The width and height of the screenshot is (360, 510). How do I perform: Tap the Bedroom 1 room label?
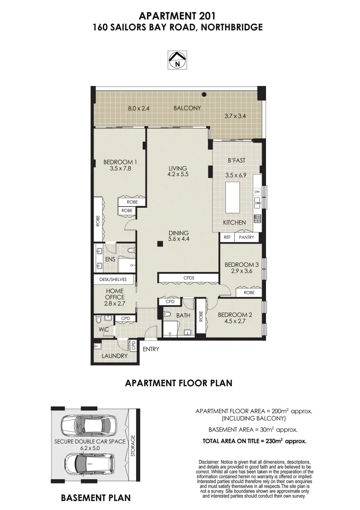(x=120, y=162)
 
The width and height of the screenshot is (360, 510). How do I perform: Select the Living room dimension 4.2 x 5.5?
(x=178, y=174)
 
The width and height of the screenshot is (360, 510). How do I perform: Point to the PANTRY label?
(x=247, y=238)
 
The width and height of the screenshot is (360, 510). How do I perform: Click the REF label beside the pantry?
(x=227, y=238)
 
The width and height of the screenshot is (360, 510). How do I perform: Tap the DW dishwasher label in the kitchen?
(x=257, y=192)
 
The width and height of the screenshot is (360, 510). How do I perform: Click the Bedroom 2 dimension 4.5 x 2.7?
(x=235, y=321)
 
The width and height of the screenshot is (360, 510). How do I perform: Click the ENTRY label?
(x=151, y=349)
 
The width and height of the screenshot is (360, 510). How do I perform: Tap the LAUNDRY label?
(x=115, y=356)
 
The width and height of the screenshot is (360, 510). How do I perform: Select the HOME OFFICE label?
(x=115, y=294)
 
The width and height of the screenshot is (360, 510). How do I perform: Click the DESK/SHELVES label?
(x=113, y=280)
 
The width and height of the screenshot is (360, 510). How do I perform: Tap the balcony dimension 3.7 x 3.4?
(x=235, y=115)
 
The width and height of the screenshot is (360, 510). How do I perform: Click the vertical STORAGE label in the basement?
(x=133, y=446)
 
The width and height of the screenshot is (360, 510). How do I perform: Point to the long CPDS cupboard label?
(x=189, y=278)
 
